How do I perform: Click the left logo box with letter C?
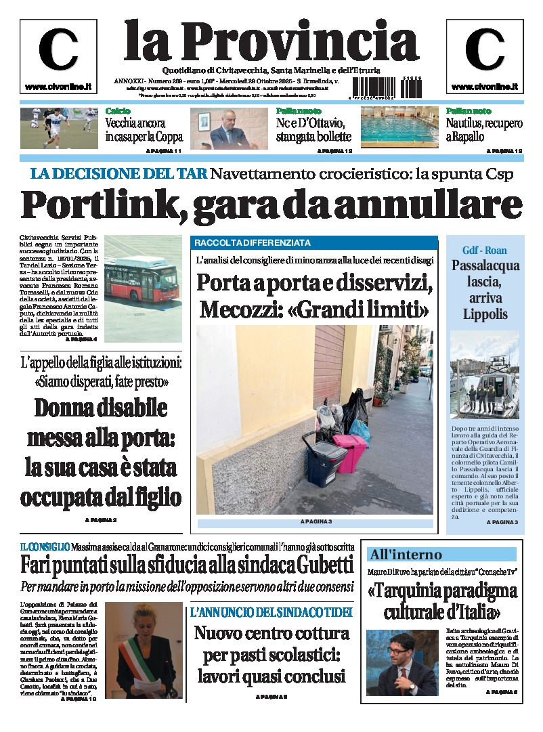(x=58, y=56)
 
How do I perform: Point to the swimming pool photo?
(x=399, y=128)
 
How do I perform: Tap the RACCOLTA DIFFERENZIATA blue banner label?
(x=253, y=242)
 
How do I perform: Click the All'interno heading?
(x=406, y=555)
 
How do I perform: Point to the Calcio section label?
(x=118, y=110)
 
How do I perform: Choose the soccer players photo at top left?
(x=58, y=128)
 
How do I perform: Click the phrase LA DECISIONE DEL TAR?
(x=118, y=173)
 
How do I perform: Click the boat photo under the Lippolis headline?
(x=484, y=375)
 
